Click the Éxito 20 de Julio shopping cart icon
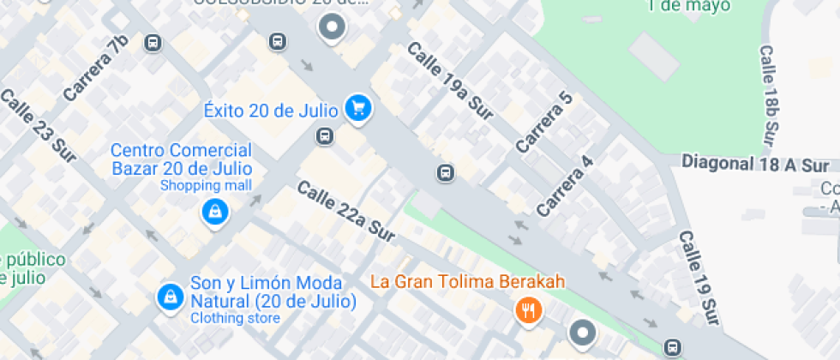[x=358, y=108]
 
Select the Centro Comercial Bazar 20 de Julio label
[x=181, y=159]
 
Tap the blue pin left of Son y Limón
[x=170, y=297]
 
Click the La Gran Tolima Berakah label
[x=467, y=281]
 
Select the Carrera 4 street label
[x=565, y=185]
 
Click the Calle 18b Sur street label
[x=770, y=94]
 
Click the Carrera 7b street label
[x=94, y=67]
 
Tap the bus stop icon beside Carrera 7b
[x=153, y=43]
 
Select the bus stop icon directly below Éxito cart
[x=325, y=135]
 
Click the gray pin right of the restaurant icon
[x=583, y=333]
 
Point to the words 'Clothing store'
[x=234, y=319]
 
